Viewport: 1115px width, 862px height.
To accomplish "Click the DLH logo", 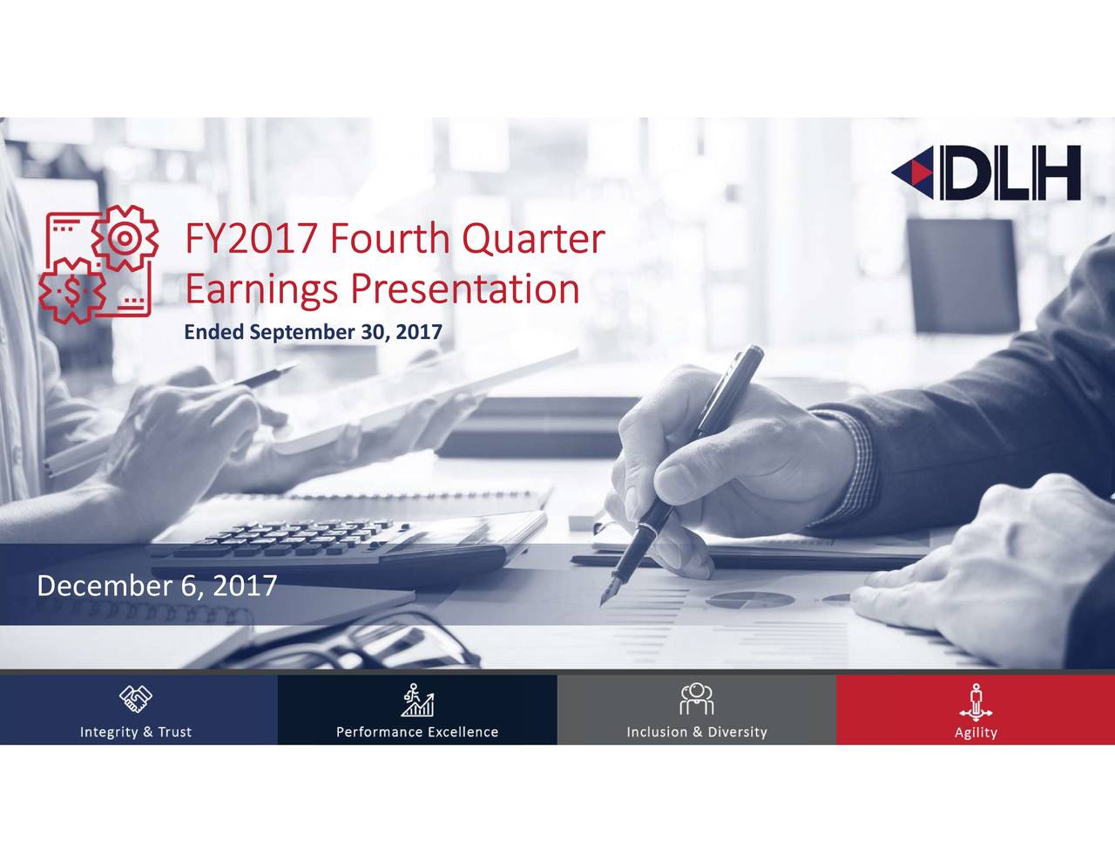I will tap(986, 173).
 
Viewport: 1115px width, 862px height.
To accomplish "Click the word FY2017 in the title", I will tap(250, 239).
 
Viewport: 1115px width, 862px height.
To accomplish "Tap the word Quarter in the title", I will tap(532, 239).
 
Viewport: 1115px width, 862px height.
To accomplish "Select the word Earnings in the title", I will tap(260, 289).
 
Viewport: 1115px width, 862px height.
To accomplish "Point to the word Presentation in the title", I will tap(464, 289).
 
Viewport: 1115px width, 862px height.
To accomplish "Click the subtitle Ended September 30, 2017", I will tap(313, 332).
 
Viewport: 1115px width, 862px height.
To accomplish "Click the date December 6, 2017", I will tap(157, 586).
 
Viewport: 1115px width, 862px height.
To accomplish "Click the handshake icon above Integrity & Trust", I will tap(135, 698).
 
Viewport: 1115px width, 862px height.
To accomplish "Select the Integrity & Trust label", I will tap(135, 732).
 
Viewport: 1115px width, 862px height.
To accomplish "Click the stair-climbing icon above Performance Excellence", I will tap(417, 700).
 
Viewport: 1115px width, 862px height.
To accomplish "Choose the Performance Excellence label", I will tap(417, 732).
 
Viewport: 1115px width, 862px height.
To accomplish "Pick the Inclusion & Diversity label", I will tap(696, 732).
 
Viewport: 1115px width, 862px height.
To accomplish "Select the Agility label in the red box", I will tap(975, 732).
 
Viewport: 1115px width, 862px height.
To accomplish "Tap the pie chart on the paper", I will tap(748, 599).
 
